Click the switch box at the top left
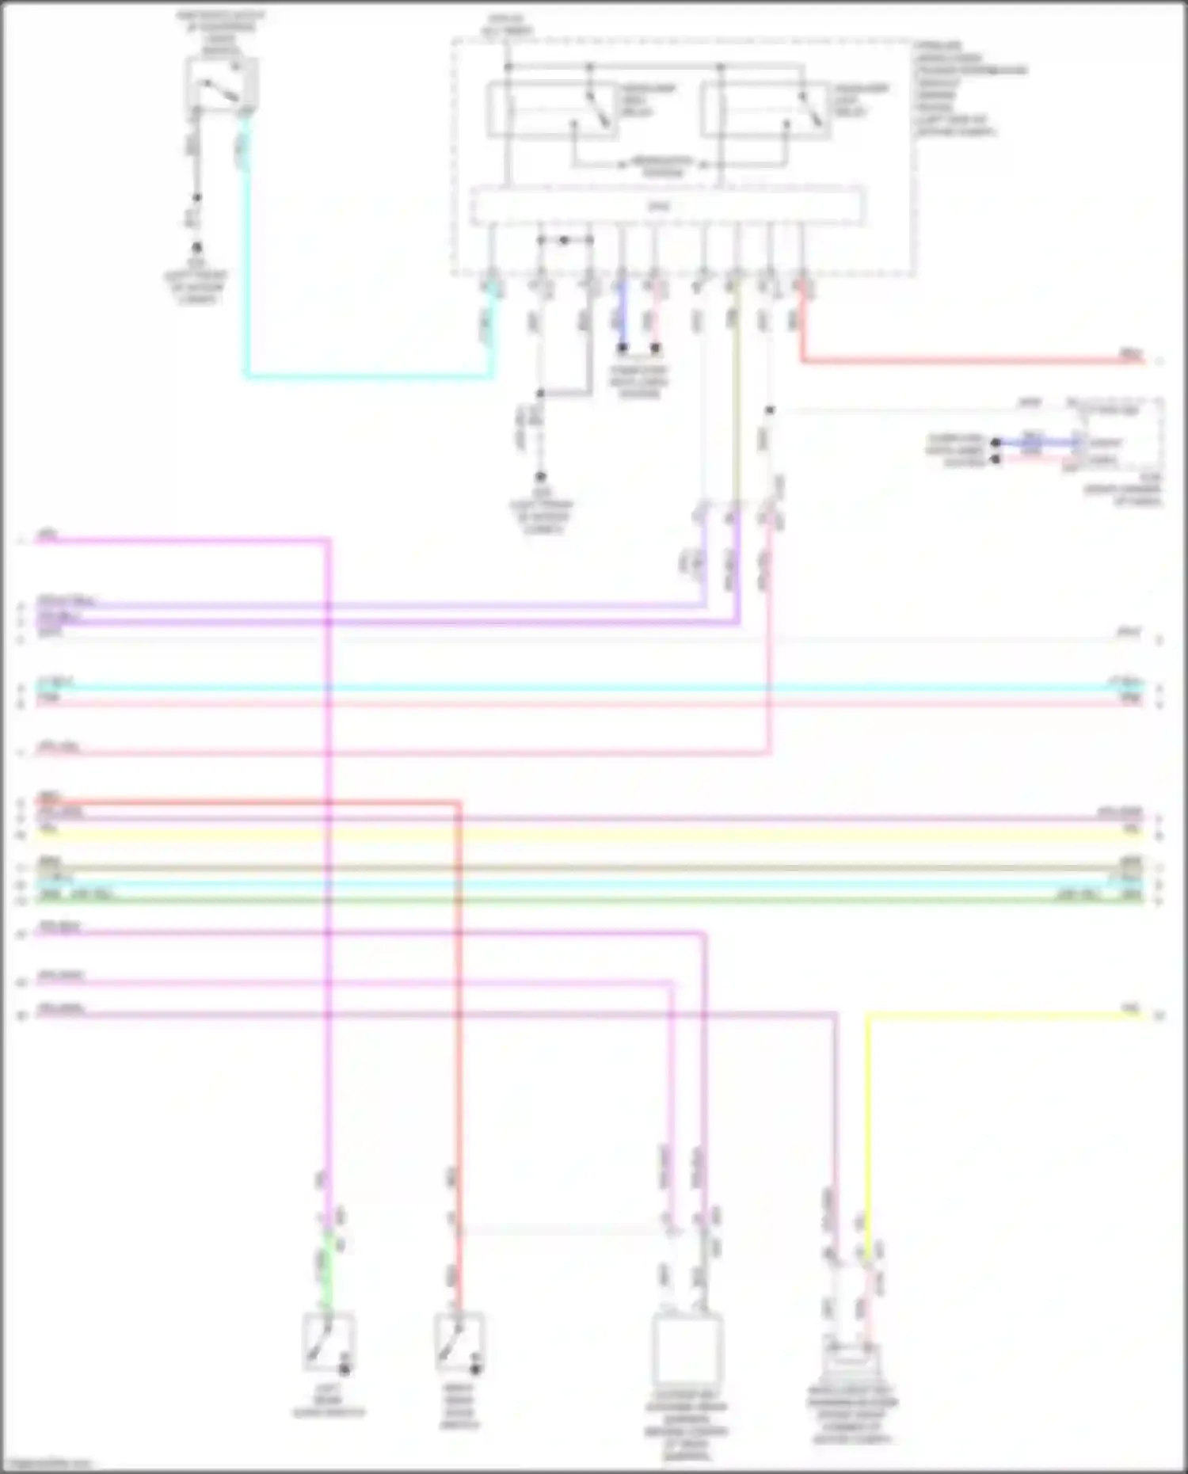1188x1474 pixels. (221, 85)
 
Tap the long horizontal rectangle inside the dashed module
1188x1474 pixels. (667, 207)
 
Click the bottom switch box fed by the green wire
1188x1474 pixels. (329, 1342)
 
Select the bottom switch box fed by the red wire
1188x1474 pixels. (459, 1342)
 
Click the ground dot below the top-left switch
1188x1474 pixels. (196, 248)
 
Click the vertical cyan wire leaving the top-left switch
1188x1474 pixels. (246, 253)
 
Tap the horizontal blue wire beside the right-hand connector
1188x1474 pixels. (1034, 442)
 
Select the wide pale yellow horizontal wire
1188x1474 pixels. (586, 835)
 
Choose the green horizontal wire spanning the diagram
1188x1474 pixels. (586, 900)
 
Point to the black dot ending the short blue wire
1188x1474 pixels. (623, 348)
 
